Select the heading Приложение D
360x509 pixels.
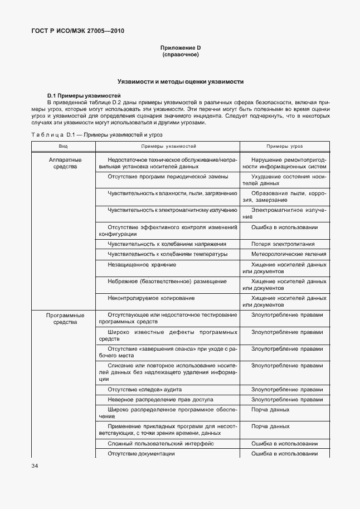[180, 49]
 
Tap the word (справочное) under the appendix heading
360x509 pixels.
[180, 55]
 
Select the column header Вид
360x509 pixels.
[64, 146]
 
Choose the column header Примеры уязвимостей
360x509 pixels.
[168, 146]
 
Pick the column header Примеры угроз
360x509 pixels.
[284, 146]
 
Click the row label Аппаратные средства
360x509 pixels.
[65, 163]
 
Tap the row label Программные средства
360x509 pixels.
[65, 318]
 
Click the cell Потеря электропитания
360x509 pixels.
[283, 244]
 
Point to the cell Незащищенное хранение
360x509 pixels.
[142, 264]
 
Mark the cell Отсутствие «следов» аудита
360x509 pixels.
[144, 389]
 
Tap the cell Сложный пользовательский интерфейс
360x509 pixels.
[161, 443]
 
